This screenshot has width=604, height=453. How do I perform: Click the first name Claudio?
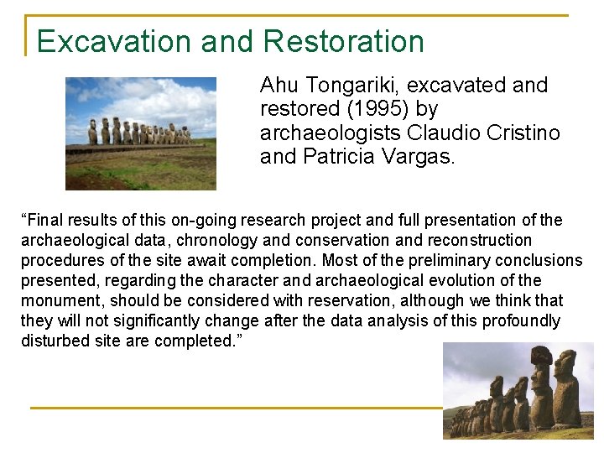pyautogui.click(x=441, y=133)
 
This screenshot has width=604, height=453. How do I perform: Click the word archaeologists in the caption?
pyautogui.click(x=331, y=133)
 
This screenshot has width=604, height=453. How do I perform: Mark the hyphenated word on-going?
pyautogui.click(x=202, y=221)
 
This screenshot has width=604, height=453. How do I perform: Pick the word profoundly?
pyautogui.click(x=528, y=321)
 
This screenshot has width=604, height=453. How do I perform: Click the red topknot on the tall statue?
pyautogui.click(x=540, y=357)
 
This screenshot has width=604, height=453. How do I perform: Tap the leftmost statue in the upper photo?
pyautogui.click(x=92, y=132)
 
